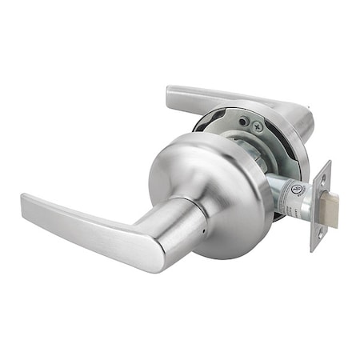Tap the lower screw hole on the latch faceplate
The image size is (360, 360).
(x=319, y=234)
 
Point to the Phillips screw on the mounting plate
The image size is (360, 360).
(x=256, y=126)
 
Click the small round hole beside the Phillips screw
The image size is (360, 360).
(x=242, y=121)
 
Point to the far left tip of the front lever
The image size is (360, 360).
(x=24, y=199)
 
